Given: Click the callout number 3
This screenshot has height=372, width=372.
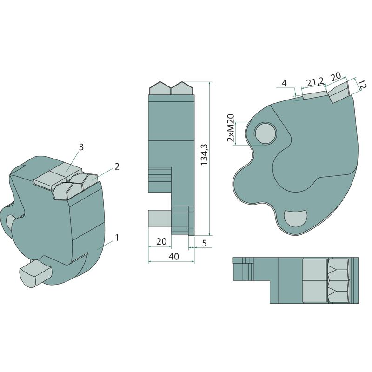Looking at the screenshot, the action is [x=81, y=147].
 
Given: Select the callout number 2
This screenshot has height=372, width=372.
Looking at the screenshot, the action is [x=117, y=166].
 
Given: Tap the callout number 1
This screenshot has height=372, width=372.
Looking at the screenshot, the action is [x=117, y=238].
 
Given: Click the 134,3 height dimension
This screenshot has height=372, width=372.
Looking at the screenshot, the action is [x=204, y=155].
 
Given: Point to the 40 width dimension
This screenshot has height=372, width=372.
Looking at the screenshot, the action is [x=173, y=257].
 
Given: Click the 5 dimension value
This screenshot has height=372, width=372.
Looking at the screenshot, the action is [x=205, y=243].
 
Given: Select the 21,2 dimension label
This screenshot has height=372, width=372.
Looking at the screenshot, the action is [x=315, y=82].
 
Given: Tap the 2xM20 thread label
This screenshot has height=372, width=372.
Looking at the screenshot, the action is [x=231, y=128].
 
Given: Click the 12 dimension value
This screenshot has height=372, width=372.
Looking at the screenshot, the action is [x=362, y=85].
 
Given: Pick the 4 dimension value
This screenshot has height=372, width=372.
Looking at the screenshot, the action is [x=284, y=83].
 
